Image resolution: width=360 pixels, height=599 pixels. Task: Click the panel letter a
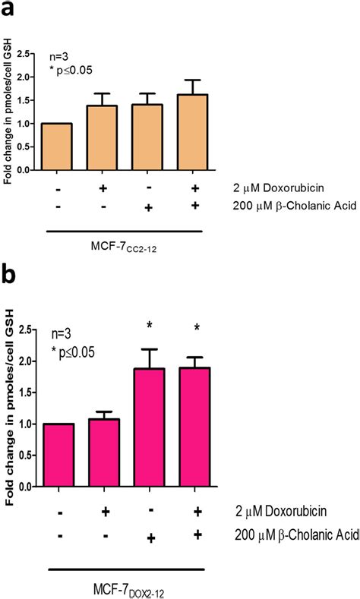(11, 11)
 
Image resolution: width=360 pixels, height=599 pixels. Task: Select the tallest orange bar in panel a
(194, 132)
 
